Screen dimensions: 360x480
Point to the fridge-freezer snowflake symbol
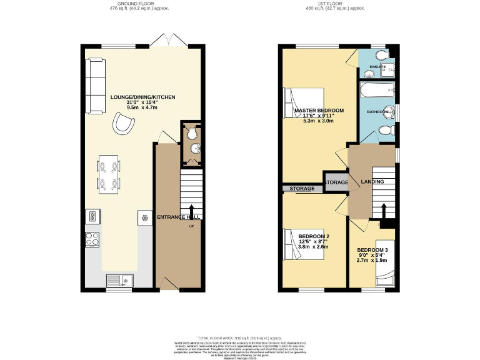145,218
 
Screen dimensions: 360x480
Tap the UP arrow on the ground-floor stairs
191,211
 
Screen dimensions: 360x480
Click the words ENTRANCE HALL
178,217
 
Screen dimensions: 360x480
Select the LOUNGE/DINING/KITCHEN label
142,97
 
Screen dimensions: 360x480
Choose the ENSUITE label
377,66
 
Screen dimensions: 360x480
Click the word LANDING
372,182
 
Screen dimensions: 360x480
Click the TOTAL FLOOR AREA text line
239,337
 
